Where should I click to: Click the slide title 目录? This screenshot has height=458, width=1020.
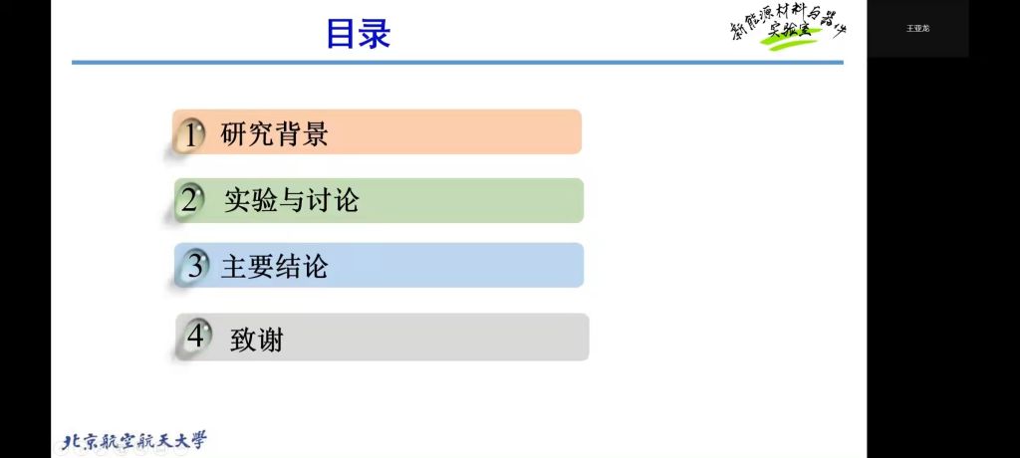[358, 34]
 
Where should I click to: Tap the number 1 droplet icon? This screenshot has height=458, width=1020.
[188, 134]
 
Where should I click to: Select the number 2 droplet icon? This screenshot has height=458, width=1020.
[189, 200]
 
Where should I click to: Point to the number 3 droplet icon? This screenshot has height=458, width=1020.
[192, 266]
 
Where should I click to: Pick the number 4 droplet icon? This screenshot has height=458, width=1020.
[194, 337]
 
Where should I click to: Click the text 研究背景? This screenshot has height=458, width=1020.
[275, 134]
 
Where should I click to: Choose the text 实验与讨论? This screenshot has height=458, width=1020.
[292, 200]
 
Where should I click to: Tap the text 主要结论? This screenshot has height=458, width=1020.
[274, 266]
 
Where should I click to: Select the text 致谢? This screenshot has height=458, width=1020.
[257, 339]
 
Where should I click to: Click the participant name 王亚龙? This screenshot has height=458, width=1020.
[917, 29]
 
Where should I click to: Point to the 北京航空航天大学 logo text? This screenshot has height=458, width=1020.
[135, 440]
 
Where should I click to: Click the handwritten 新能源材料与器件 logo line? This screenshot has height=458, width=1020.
[787, 24]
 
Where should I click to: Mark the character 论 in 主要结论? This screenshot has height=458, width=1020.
[315, 266]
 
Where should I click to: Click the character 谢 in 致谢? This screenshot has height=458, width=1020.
[271, 339]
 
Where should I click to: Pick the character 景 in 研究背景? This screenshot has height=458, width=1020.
[316, 134]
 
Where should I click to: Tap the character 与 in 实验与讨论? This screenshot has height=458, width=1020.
[292, 200]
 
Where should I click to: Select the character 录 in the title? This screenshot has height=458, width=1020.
[375, 34]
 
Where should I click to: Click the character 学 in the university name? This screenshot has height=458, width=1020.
[198, 440]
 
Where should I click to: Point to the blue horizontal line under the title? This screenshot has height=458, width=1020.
[457, 63]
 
